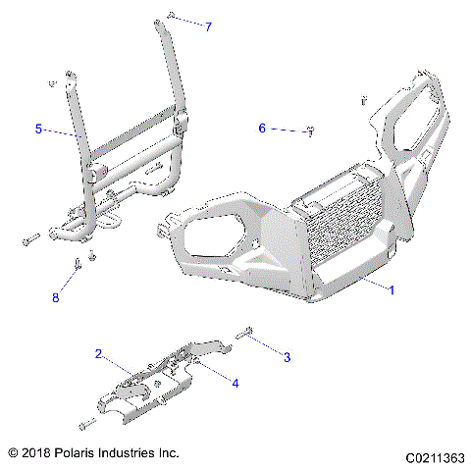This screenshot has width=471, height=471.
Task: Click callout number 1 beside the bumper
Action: coord(392,290)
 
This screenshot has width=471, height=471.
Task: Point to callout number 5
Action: coord(39,129)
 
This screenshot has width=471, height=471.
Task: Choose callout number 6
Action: coord(262,128)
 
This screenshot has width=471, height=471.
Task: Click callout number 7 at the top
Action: coord(208,26)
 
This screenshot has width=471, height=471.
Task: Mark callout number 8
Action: coord(55,297)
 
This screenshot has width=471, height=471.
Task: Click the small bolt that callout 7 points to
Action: coord(171,17)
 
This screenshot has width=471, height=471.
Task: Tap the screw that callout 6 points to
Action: coord(310,131)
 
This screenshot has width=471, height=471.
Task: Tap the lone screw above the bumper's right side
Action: coord(363,99)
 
